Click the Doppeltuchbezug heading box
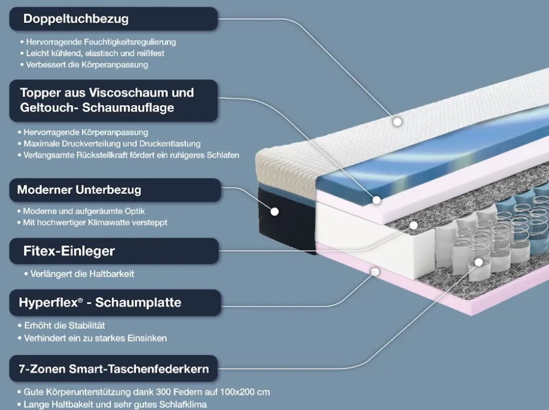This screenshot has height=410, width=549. [113, 19]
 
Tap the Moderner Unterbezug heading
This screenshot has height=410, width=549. [115, 190]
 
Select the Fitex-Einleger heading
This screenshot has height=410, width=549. [114, 251]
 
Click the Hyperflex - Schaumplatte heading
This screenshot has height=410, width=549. [115, 303]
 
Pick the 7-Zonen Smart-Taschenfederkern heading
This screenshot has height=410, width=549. [113, 369]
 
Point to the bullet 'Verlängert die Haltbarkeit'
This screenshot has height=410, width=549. [79, 274]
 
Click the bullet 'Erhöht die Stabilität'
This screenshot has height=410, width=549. [61, 326]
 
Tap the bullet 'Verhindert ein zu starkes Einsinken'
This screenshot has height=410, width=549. [92, 338]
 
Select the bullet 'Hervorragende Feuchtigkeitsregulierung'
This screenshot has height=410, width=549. [98, 42]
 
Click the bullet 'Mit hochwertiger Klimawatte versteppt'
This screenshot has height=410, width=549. [92, 222]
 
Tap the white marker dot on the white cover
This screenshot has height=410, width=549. [397, 122]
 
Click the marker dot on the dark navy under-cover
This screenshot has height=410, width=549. [274, 212]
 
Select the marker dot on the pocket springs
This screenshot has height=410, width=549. [479, 262]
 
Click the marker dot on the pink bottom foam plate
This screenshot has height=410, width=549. [375, 272]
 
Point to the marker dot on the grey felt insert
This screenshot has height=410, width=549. [414, 225]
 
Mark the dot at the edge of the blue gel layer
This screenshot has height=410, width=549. [376, 200]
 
